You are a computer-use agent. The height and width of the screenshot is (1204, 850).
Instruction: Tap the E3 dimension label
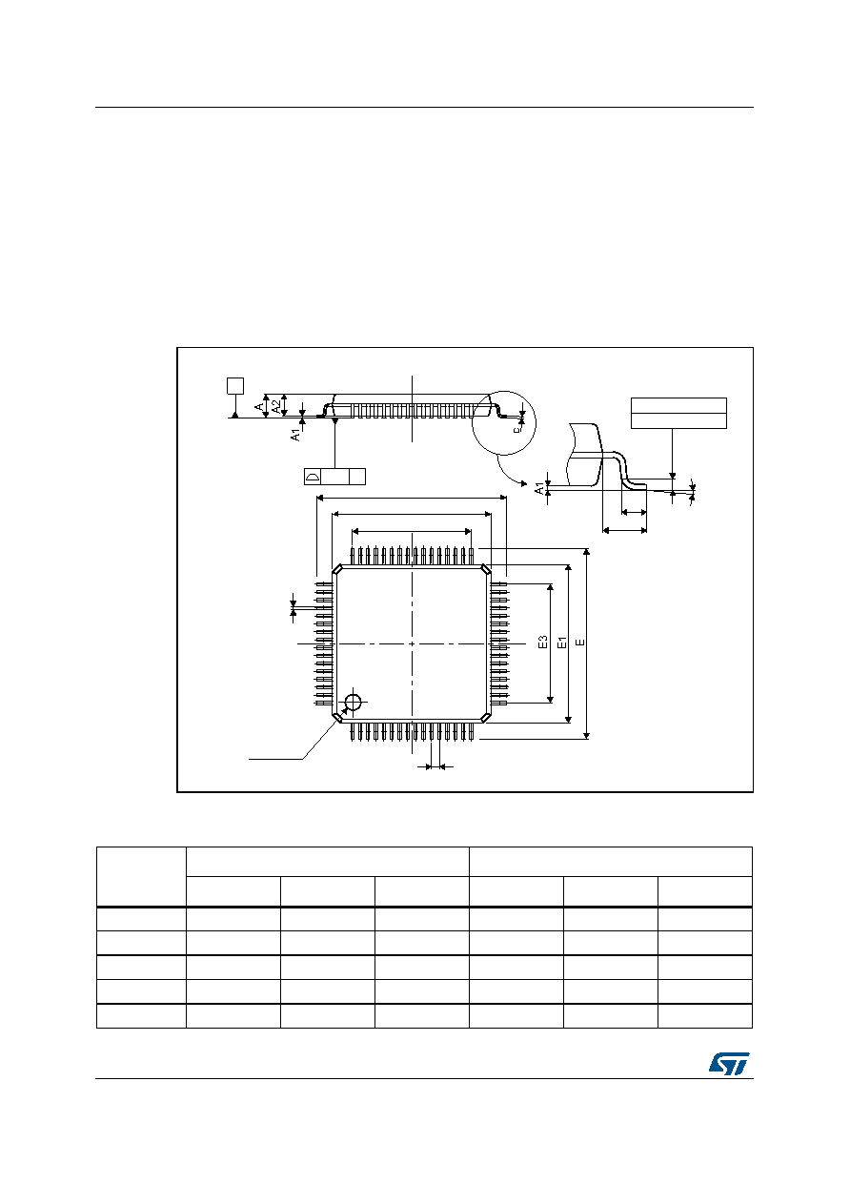543,642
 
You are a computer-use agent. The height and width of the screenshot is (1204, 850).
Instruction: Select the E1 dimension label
562,643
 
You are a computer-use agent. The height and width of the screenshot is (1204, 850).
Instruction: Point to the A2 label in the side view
276,406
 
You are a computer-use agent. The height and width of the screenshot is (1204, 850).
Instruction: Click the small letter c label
516,429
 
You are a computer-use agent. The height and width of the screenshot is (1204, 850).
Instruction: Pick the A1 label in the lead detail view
539,489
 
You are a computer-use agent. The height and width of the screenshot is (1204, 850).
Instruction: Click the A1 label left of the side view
295,435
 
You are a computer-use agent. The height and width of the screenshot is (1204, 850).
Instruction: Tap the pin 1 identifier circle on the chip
353,702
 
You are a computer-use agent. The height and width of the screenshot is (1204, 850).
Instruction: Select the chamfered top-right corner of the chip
486,569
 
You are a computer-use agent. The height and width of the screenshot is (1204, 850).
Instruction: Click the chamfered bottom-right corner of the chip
486,717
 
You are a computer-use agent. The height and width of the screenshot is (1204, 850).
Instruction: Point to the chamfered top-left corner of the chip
338,569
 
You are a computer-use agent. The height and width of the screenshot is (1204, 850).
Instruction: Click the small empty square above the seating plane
235,385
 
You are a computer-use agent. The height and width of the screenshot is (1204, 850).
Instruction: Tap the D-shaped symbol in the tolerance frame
313,477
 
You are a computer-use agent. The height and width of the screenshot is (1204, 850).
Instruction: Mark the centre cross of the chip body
412,643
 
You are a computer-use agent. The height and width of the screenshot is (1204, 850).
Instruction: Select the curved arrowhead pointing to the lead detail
524,483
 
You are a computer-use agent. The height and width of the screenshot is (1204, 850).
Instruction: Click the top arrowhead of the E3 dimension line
550,587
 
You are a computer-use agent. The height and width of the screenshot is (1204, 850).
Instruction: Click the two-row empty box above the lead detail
678,414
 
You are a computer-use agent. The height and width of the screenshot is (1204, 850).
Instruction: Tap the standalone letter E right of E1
580,643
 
